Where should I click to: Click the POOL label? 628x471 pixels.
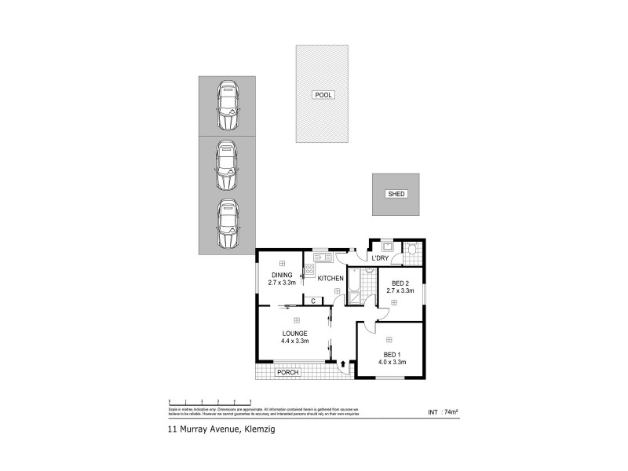[323, 94]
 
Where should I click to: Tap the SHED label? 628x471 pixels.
[396, 194]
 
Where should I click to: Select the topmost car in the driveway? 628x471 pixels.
[227, 106]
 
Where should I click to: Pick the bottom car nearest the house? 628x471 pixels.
[227, 224]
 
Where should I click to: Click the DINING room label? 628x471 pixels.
[281, 275]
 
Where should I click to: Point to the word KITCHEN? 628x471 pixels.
[330, 279]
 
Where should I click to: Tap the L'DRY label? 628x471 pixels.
[381, 258]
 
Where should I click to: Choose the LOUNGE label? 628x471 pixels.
[295, 334]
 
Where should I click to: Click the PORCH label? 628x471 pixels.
[289, 372]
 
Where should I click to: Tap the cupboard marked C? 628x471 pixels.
[312, 301]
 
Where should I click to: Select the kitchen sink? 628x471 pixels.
[323, 257]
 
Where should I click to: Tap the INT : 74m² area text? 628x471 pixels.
[443, 411]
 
